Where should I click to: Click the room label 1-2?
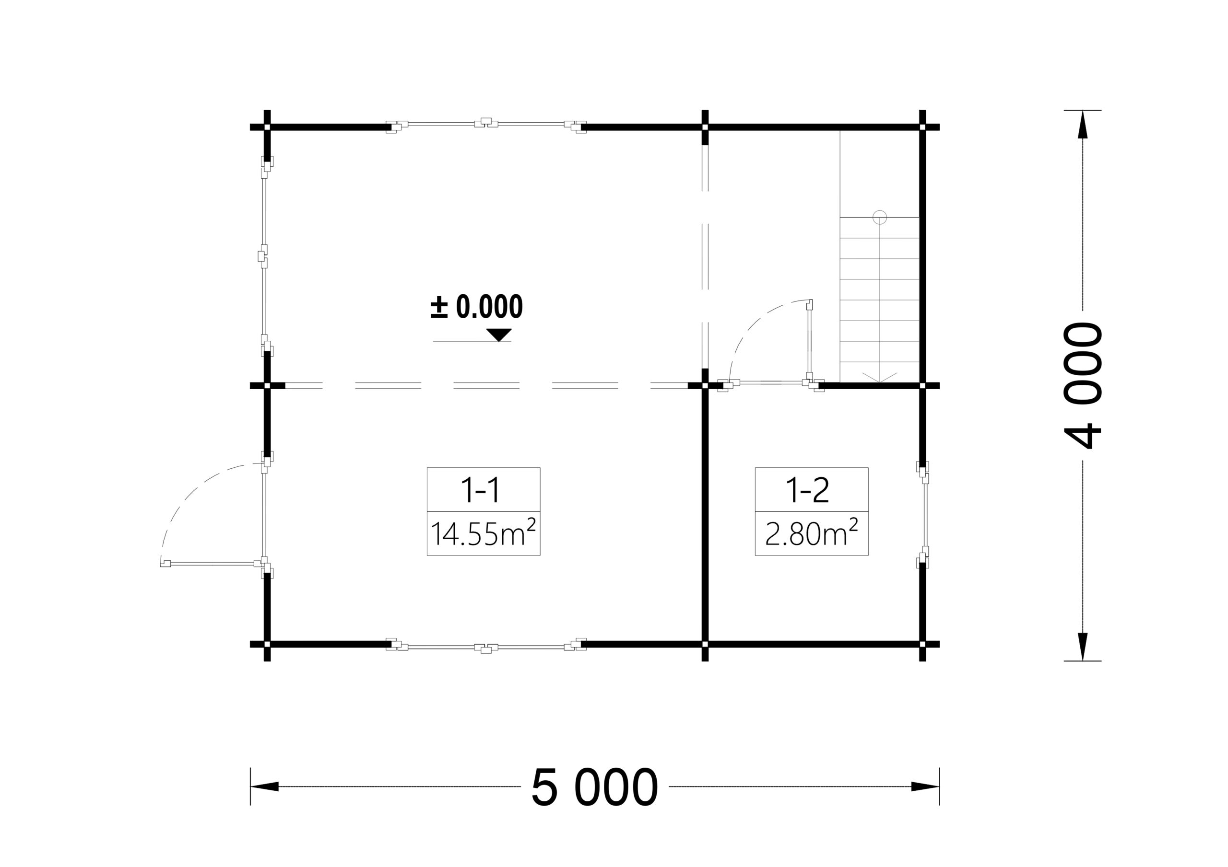[x=808, y=490]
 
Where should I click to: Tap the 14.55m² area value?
[x=483, y=532]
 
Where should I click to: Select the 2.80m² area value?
[x=811, y=532]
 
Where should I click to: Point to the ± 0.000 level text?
[x=476, y=306]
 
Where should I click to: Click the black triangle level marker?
[x=499, y=335]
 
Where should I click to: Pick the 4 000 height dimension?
[x=1083, y=385]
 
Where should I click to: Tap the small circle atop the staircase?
[x=880, y=217]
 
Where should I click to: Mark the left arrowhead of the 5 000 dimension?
[x=265, y=786]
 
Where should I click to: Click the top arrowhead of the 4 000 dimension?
[x=1083, y=124]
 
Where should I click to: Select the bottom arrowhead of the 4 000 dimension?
[x=1083, y=647]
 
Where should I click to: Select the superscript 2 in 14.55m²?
[x=531, y=524]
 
